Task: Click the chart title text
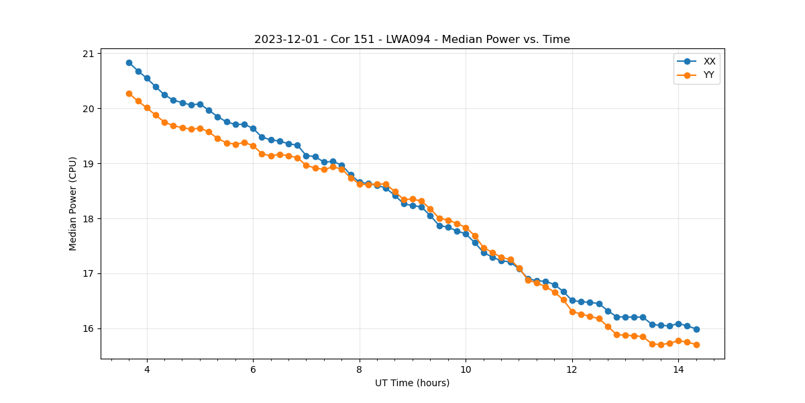coord(412,40)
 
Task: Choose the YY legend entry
coord(708,75)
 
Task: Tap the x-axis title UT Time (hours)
coord(412,383)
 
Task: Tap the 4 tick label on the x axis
coord(147,369)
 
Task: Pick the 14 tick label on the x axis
coord(678,369)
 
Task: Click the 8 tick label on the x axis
coord(360,369)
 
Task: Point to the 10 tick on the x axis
coord(466,369)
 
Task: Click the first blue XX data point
coord(129,62)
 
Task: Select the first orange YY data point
coord(129,93)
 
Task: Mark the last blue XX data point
coord(696,329)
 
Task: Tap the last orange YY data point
coord(696,345)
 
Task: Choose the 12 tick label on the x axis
coord(572,369)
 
